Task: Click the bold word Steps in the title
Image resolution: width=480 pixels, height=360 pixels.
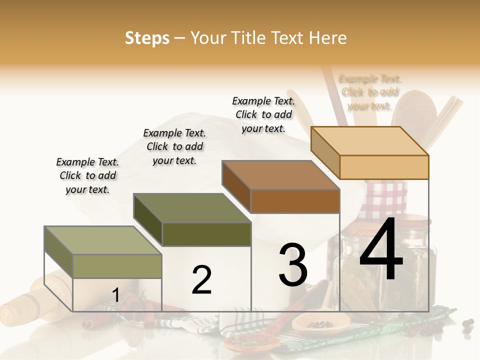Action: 147,38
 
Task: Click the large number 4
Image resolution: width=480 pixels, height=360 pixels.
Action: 381,251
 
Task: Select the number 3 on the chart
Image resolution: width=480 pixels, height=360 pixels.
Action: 292,265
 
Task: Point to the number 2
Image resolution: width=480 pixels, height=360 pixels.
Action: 201,280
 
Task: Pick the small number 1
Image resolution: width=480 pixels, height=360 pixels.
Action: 115,295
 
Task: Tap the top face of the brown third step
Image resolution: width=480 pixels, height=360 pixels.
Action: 281,175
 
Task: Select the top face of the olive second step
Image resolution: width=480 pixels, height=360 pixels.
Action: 192,208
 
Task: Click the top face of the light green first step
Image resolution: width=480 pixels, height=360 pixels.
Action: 103,240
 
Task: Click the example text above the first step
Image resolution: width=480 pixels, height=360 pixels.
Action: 87,175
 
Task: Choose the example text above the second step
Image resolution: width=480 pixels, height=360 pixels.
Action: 174,146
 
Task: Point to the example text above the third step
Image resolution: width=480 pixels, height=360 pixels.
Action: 263,114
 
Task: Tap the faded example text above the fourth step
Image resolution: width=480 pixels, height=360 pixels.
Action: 370,92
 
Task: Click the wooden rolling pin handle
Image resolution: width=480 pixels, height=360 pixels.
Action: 20,307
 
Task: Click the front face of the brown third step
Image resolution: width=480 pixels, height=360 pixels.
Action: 295,201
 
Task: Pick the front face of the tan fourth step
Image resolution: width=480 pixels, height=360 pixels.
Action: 384,167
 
